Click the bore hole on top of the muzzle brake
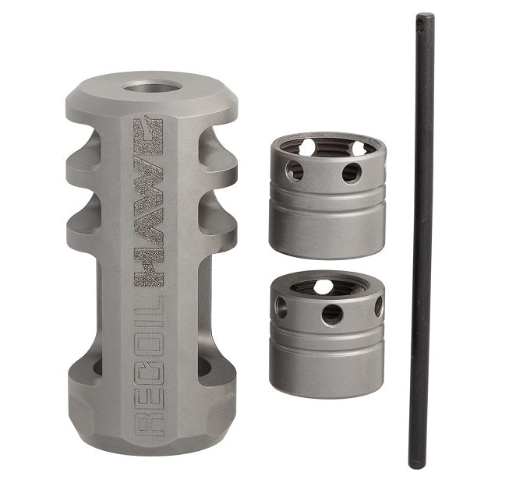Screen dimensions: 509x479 tap(152, 87)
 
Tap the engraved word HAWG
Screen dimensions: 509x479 tap(148, 203)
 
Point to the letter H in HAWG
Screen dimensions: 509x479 tap(148, 269)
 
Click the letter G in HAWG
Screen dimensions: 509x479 tap(148, 133)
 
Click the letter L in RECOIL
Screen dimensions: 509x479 tap(148, 304)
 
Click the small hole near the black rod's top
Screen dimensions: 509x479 tap(421, 22)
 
